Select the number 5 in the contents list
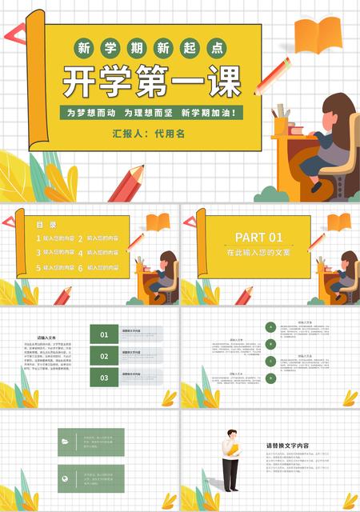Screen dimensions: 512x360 pyautogui.click(x=38, y=267)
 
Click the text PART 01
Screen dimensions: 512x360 pyautogui.click(x=258, y=237)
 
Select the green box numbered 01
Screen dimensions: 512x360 pyautogui.click(x=104, y=334)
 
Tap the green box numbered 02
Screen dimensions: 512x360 pyautogui.click(x=104, y=355)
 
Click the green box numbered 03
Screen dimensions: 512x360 pyautogui.click(x=104, y=377)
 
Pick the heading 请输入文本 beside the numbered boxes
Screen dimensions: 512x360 pyautogui.click(x=46, y=338)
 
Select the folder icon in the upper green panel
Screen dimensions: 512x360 pyautogui.click(x=65, y=441)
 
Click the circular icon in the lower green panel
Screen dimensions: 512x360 pyautogui.click(x=65, y=478)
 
